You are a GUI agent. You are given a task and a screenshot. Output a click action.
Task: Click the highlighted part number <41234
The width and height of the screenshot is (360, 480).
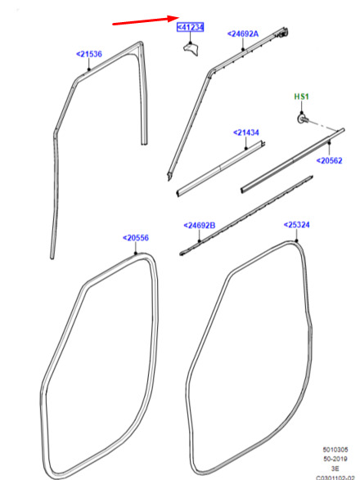point(191,27)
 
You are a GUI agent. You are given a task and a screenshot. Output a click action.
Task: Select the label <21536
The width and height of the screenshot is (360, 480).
point(89,54)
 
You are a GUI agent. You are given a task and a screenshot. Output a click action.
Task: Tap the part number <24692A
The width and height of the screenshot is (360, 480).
point(243,34)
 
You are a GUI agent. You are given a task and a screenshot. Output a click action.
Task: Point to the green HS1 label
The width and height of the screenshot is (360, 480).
point(301,96)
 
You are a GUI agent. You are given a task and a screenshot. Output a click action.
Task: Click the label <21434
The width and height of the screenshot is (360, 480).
point(246,132)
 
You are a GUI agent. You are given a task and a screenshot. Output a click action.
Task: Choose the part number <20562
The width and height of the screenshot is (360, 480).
point(329,160)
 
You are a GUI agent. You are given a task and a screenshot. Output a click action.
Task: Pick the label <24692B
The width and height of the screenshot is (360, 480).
point(200,226)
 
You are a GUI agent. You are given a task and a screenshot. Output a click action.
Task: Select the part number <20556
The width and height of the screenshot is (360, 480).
point(136,238)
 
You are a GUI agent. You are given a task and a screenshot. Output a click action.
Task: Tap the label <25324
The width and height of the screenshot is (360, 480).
point(296,225)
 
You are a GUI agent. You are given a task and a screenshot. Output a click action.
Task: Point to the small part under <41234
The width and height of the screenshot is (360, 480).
point(191,50)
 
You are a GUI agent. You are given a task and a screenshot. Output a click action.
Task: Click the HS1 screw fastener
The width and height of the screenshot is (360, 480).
point(304,119)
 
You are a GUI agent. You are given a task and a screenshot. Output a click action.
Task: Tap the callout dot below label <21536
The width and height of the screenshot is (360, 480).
point(89,70)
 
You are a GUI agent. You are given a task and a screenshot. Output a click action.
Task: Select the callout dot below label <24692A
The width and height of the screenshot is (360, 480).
point(243,49)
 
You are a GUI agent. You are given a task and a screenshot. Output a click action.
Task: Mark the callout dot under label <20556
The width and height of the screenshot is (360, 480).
point(136,253)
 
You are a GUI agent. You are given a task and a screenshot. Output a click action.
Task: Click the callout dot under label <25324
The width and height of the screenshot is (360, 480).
point(296,241)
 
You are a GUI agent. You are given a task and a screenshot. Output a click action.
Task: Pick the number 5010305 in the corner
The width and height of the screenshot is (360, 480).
point(335,450)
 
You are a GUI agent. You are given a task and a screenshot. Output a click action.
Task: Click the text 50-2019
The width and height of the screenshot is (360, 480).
point(335,459)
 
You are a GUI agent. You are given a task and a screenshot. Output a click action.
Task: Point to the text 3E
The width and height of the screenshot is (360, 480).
point(335,469)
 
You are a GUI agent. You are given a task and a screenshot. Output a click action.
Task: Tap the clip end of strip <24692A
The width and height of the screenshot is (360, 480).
point(282,33)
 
